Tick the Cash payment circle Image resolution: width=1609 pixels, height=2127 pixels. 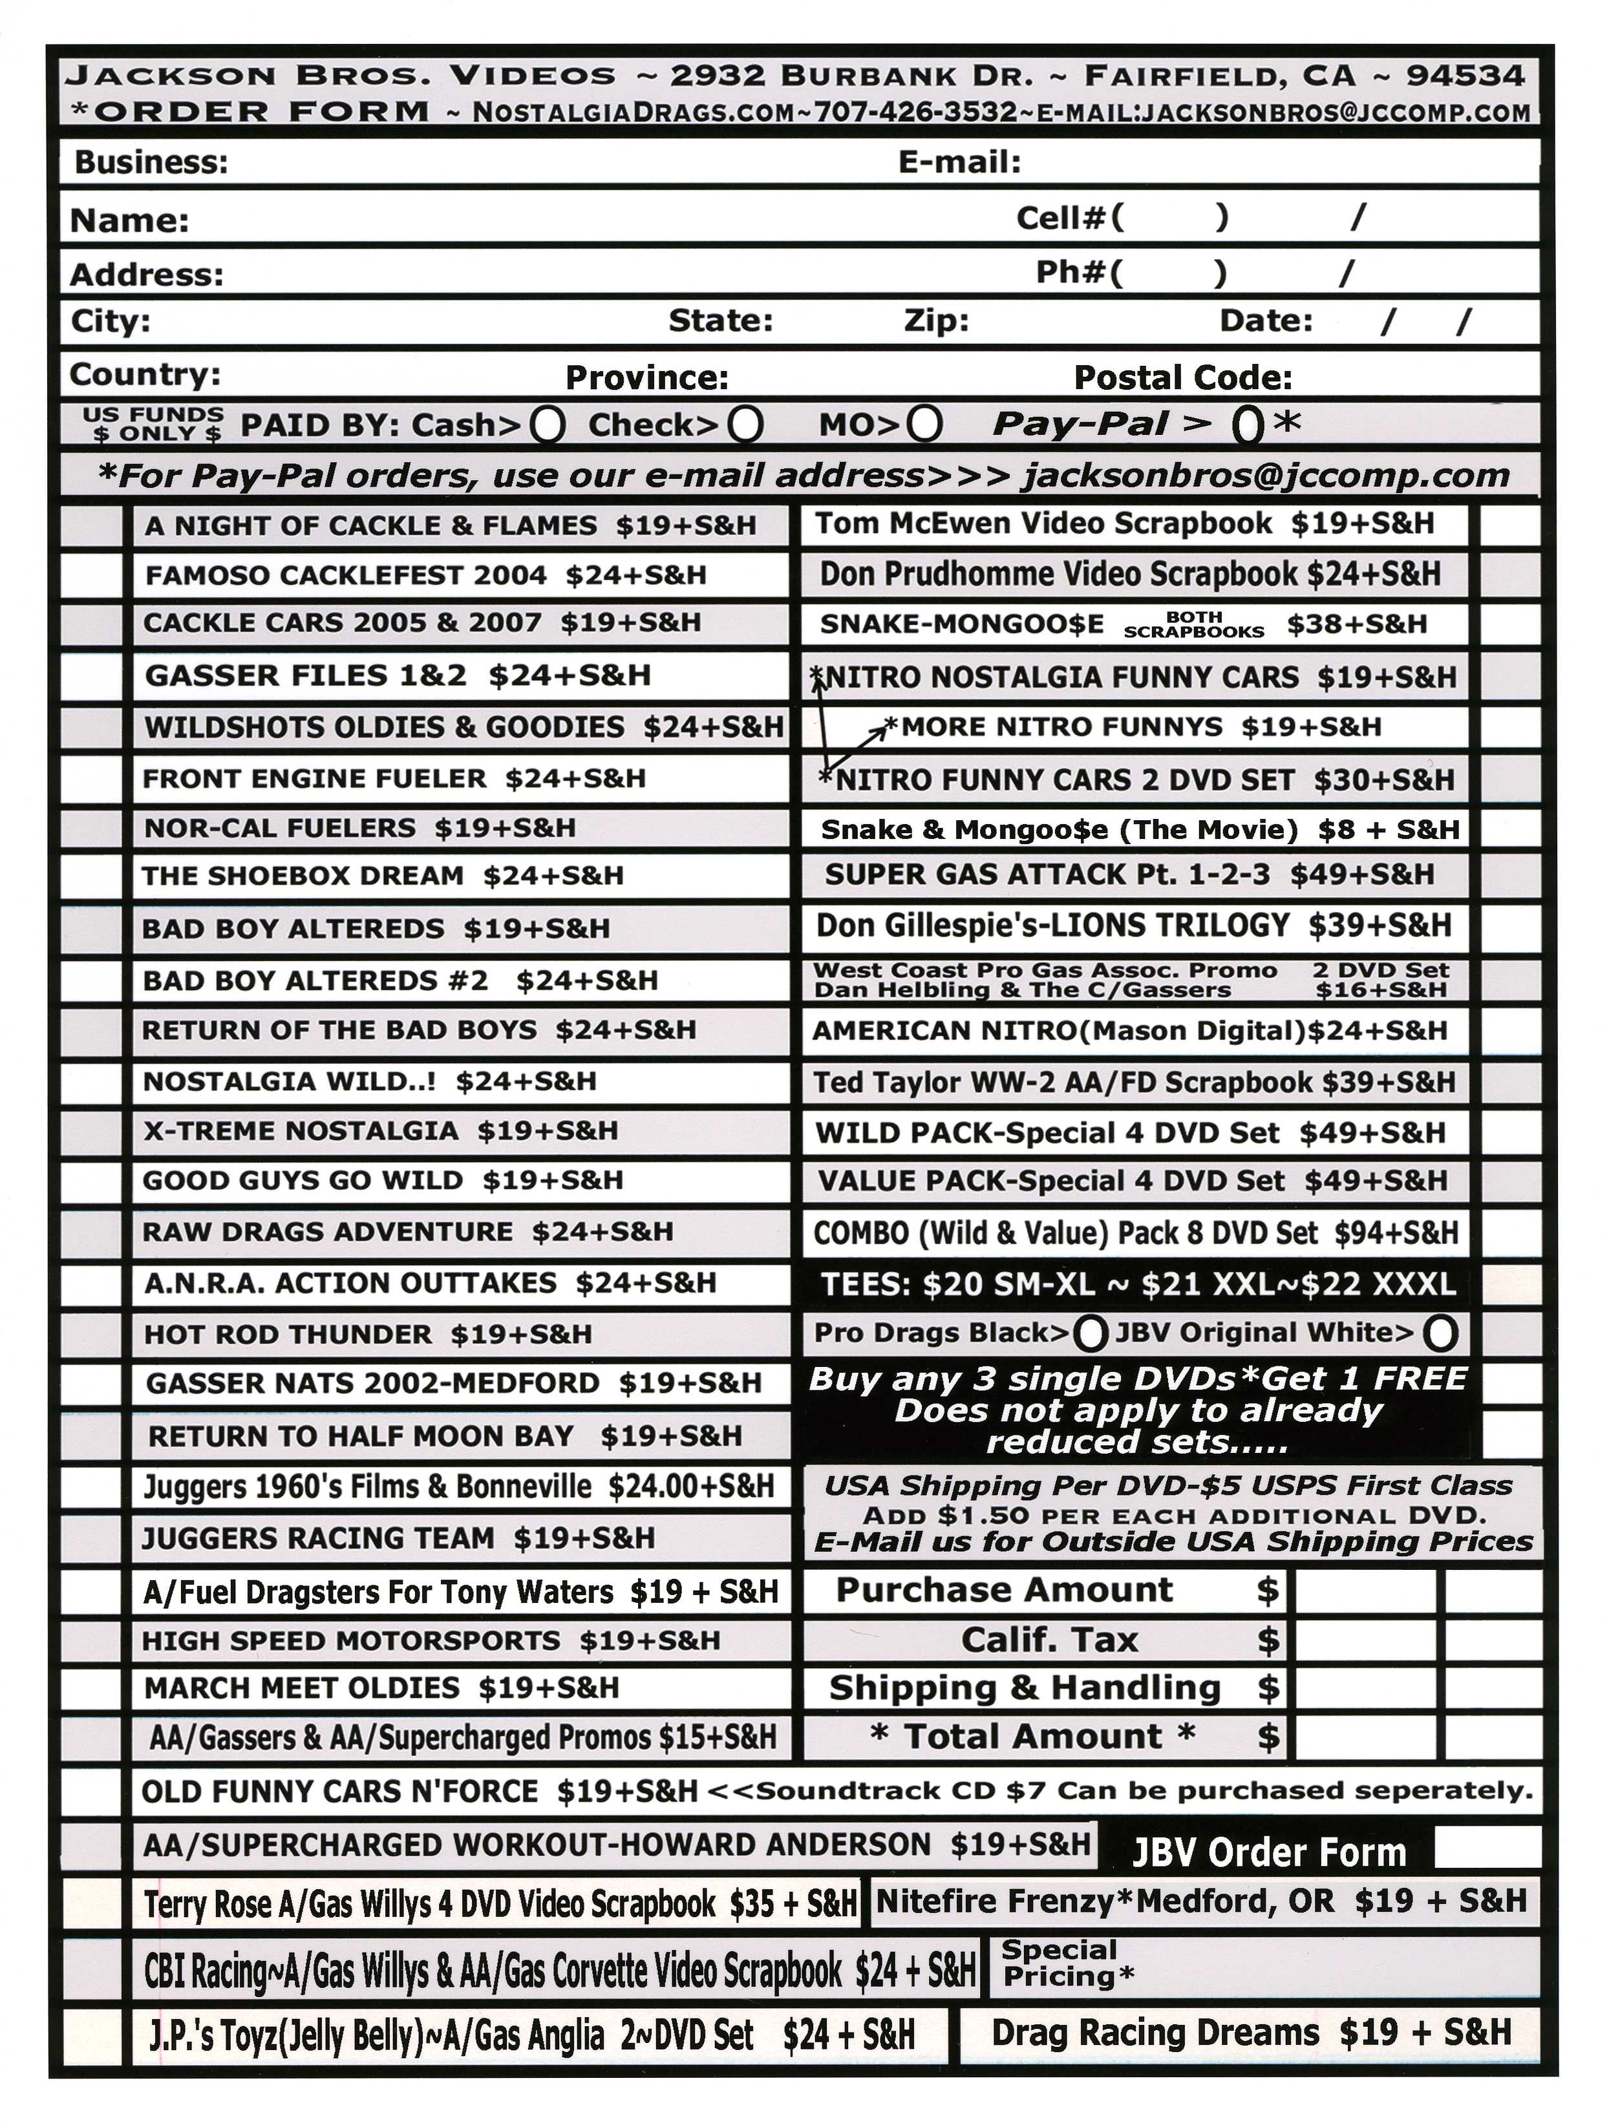click(548, 424)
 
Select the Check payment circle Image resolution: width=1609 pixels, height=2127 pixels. click(745, 424)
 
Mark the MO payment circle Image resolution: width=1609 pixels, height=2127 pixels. click(924, 423)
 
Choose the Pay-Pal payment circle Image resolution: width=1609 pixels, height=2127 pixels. click(1248, 424)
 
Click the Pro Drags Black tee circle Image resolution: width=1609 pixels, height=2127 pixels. click(1090, 1333)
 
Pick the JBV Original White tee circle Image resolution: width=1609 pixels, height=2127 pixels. click(1440, 1333)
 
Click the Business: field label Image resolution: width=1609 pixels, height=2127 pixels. click(151, 162)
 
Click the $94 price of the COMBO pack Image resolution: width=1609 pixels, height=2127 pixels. click(1352, 1233)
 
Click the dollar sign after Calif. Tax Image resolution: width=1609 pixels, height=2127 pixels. click(1268, 1640)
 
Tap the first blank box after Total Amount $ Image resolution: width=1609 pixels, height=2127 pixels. click(1365, 1737)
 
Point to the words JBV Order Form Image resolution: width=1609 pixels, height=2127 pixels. click(1268, 1852)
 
